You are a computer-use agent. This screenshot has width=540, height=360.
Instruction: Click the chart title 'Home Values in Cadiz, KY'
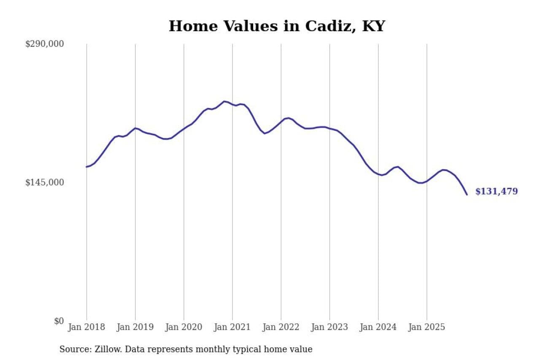coord(277,26)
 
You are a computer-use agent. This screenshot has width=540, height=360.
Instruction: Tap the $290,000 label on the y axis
coord(45,44)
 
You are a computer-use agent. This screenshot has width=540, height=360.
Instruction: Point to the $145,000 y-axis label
coord(45,182)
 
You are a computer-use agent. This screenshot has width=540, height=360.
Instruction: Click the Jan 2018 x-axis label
coord(86,327)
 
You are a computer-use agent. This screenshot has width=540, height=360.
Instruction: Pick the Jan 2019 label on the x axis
coord(135,327)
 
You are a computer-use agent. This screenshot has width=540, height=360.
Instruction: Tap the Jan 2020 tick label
coord(184,327)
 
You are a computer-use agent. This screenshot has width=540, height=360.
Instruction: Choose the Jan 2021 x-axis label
coord(232,327)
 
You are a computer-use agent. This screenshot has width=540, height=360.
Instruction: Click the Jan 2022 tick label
coord(281,327)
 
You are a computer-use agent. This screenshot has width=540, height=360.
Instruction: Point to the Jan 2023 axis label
coord(329,327)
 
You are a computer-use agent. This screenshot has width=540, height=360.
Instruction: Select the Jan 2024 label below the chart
coord(378,327)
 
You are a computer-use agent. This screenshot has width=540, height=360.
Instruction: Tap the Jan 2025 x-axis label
coord(427,327)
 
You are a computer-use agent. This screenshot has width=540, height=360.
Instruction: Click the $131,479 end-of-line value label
coord(497,192)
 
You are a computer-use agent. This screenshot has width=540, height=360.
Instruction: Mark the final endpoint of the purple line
coord(467,195)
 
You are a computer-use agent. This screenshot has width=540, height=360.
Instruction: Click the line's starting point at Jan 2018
coord(86,167)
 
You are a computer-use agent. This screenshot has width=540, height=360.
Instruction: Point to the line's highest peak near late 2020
coord(224,101)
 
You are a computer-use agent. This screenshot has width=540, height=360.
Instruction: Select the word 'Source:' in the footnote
coord(73,349)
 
